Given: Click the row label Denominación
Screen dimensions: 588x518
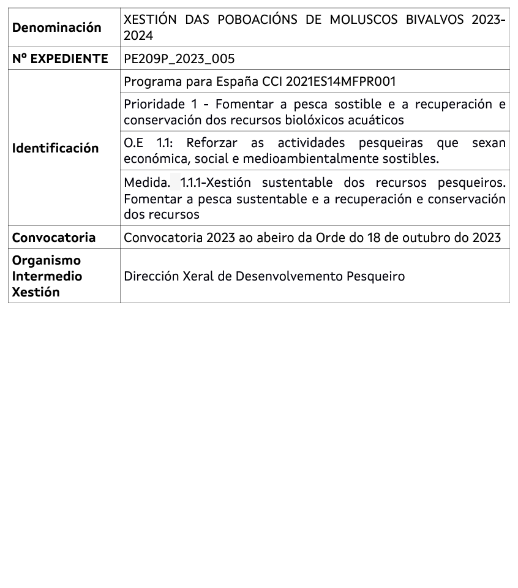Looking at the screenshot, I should (x=57, y=28).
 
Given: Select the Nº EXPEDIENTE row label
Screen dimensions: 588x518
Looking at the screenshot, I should (x=60, y=59).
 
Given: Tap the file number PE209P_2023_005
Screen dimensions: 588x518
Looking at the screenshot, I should (x=179, y=59).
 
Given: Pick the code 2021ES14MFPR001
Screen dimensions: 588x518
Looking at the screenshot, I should (x=340, y=81).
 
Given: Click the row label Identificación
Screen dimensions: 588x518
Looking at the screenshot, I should (x=56, y=148).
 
